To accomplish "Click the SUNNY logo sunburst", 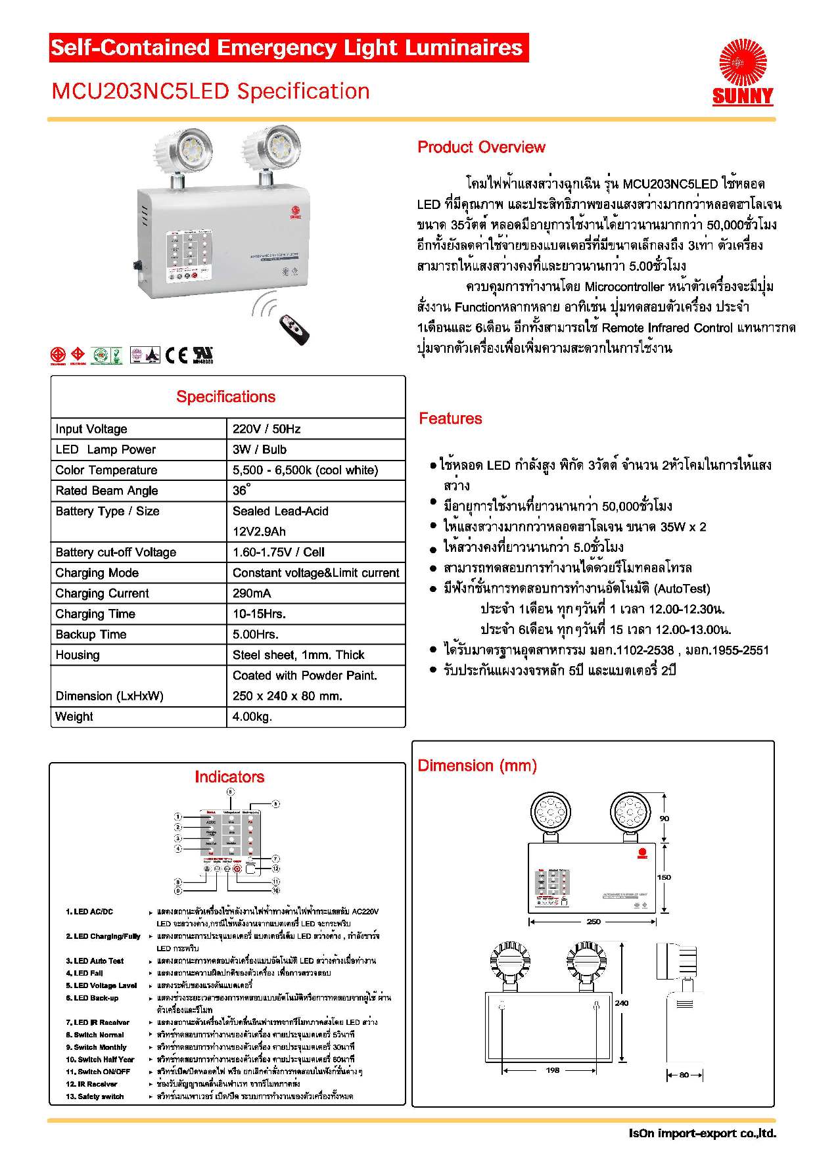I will coord(743,62).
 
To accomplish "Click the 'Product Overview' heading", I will coord(481,147).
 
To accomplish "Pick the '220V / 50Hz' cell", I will coord(266,429).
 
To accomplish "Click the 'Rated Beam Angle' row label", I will coord(106,491).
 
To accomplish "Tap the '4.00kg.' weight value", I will coord(252,717).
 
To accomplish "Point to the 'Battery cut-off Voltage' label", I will coord(116,553).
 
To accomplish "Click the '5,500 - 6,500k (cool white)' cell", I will coord(305,470).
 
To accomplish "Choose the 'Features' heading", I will coord(450,418).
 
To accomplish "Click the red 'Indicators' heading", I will coord(229,777).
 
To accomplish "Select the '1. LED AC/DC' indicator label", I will coord(89,911).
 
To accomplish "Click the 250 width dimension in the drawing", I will coord(593,922).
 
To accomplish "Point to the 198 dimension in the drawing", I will coord(553,1070).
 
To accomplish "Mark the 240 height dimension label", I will coord(621,1003).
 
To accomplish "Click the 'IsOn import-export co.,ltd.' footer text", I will coord(702,1133).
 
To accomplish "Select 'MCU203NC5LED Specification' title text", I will coord(210,91).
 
